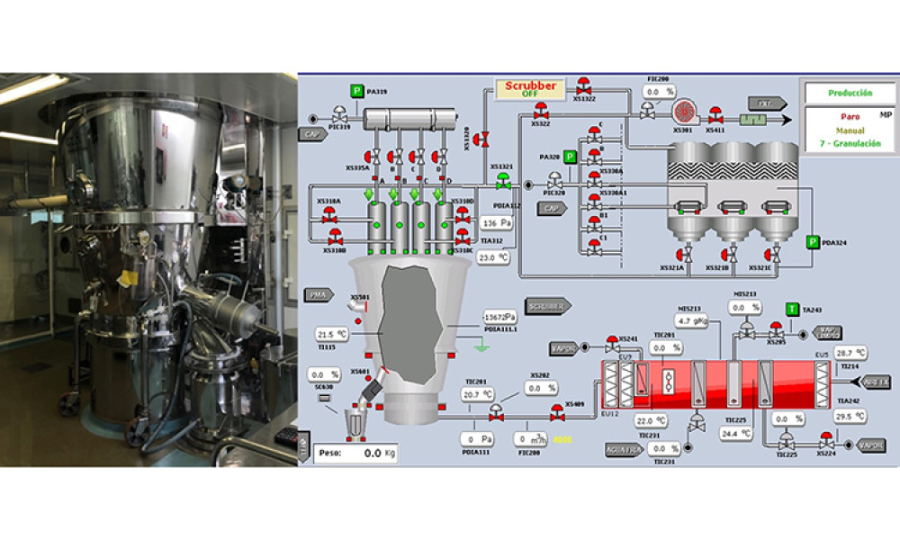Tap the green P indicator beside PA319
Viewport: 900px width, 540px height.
point(356,91)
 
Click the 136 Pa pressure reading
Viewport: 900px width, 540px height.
point(497,222)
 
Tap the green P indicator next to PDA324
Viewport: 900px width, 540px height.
point(813,242)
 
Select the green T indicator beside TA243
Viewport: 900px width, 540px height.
point(792,310)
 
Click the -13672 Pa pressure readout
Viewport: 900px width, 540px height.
point(499,318)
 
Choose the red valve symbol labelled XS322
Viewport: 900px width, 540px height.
point(541,111)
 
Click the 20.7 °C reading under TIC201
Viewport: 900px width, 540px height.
point(477,394)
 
